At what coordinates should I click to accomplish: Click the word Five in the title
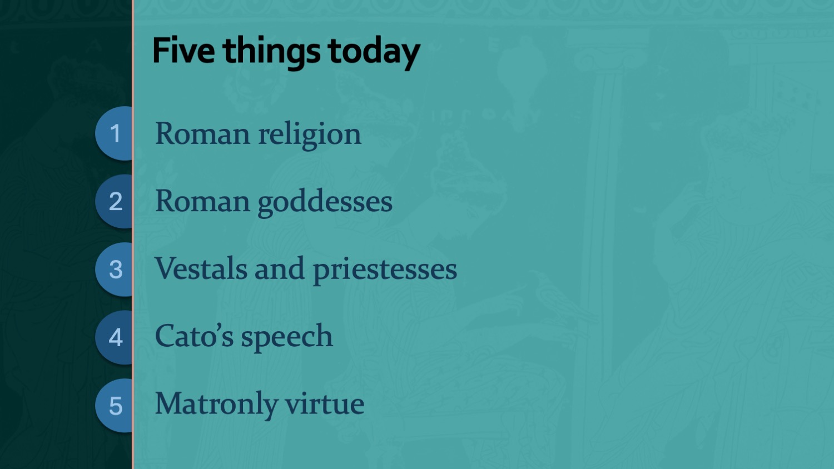click(x=183, y=51)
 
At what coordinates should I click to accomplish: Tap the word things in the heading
click(x=271, y=53)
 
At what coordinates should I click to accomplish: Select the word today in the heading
click(x=374, y=53)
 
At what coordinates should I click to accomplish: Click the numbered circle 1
click(x=114, y=133)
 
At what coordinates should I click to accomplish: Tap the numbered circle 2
click(x=114, y=201)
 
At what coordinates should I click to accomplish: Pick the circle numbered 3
click(x=114, y=270)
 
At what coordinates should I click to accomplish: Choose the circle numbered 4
click(x=114, y=338)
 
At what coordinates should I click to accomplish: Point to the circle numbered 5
click(x=114, y=406)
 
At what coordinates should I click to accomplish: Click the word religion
click(x=309, y=134)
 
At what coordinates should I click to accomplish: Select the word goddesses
click(x=325, y=203)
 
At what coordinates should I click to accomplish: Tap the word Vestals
click(x=201, y=268)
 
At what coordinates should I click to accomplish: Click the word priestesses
click(x=385, y=271)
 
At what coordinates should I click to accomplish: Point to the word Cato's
click(x=194, y=336)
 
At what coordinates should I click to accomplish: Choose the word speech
click(x=287, y=338)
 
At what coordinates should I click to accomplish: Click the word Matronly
click(x=216, y=405)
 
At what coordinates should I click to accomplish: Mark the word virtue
click(x=325, y=404)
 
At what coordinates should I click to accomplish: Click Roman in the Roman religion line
click(x=202, y=133)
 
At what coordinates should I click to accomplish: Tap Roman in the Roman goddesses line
click(x=202, y=201)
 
